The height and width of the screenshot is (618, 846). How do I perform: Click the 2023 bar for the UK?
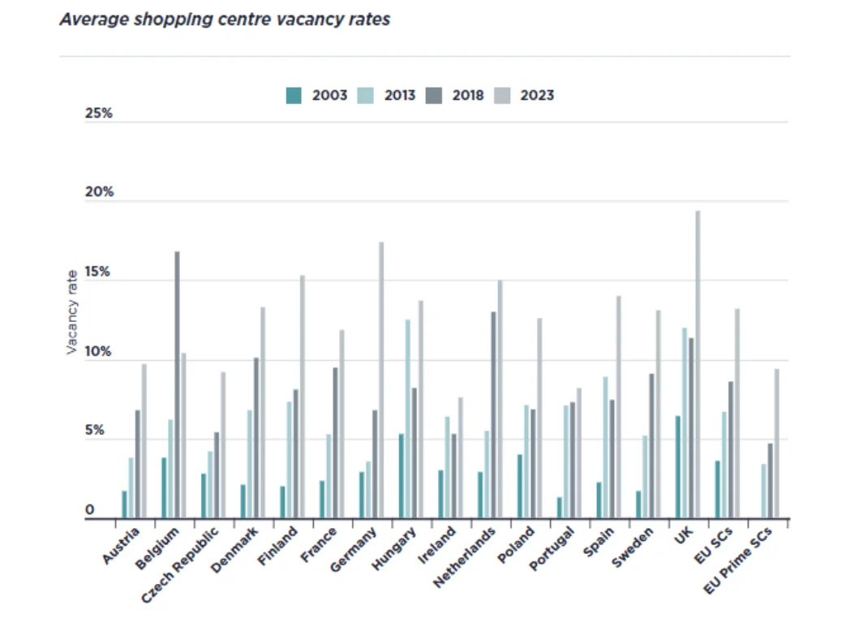coord(698,365)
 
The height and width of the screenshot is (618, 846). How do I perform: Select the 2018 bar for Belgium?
coord(177,385)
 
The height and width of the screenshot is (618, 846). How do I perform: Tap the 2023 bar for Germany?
coord(381,380)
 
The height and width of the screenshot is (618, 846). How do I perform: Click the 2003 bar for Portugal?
coord(560,508)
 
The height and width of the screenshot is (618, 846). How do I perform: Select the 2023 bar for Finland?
coord(303,397)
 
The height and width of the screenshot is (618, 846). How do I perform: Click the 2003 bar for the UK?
coord(678,467)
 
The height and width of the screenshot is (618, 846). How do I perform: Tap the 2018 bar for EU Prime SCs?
coord(770,481)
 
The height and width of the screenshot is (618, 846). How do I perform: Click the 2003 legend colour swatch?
coord(294,96)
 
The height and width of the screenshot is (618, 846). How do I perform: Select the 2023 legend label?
coord(537,96)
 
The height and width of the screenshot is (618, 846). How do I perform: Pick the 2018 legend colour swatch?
coord(434,96)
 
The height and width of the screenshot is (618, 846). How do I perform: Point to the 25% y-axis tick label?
coord(98,114)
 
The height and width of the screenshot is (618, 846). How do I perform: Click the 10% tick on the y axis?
coord(98,353)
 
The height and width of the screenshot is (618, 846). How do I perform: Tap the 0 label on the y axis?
coord(90,510)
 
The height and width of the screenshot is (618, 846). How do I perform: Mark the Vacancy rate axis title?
coord(72,312)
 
